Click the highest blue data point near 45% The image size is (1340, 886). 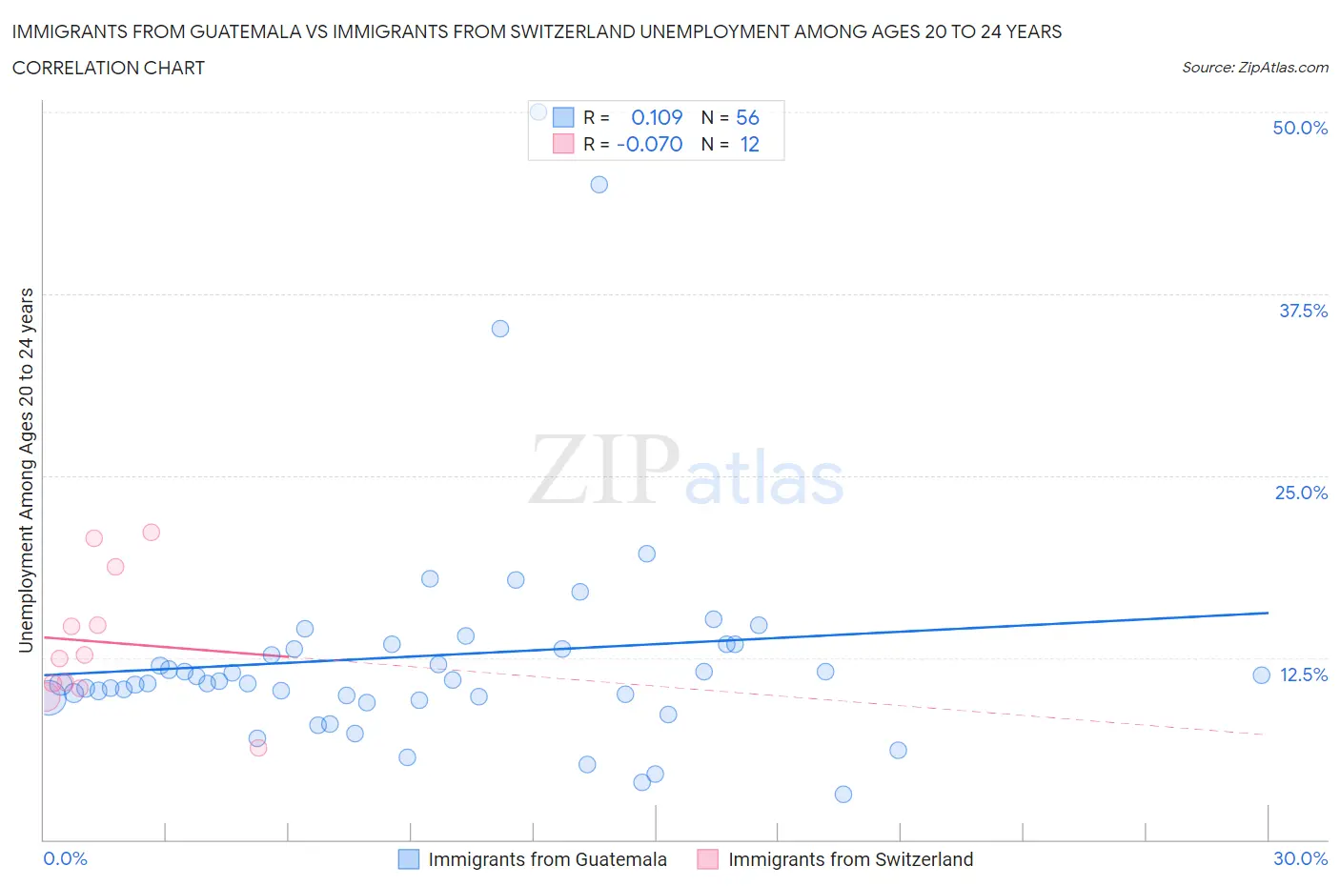click(x=599, y=185)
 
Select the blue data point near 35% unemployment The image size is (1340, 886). click(x=500, y=329)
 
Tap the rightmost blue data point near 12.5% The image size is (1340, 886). click(x=1261, y=675)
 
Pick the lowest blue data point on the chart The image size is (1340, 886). click(x=843, y=795)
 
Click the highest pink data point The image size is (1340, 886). click(x=151, y=533)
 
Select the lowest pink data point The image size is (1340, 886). click(x=258, y=748)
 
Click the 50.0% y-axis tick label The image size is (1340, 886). click(x=1300, y=128)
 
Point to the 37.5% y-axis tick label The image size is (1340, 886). click(x=1303, y=311)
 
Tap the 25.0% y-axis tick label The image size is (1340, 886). click(x=1301, y=493)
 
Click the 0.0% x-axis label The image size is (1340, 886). click(x=66, y=858)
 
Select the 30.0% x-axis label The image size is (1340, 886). click(x=1300, y=858)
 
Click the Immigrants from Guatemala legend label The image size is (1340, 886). click(x=547, y=859)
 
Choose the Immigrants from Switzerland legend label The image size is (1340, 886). click(x=850, y=859)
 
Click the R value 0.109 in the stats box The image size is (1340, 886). click(x=657, y=117)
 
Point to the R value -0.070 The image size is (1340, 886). click(x=650, y=144)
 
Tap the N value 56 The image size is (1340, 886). click(x=747, y=117)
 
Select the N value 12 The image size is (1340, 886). click(x=749, y=144)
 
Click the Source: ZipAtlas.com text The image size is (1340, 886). click(x=1254, y=67)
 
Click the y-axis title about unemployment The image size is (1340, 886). click(x=26, y=471)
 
